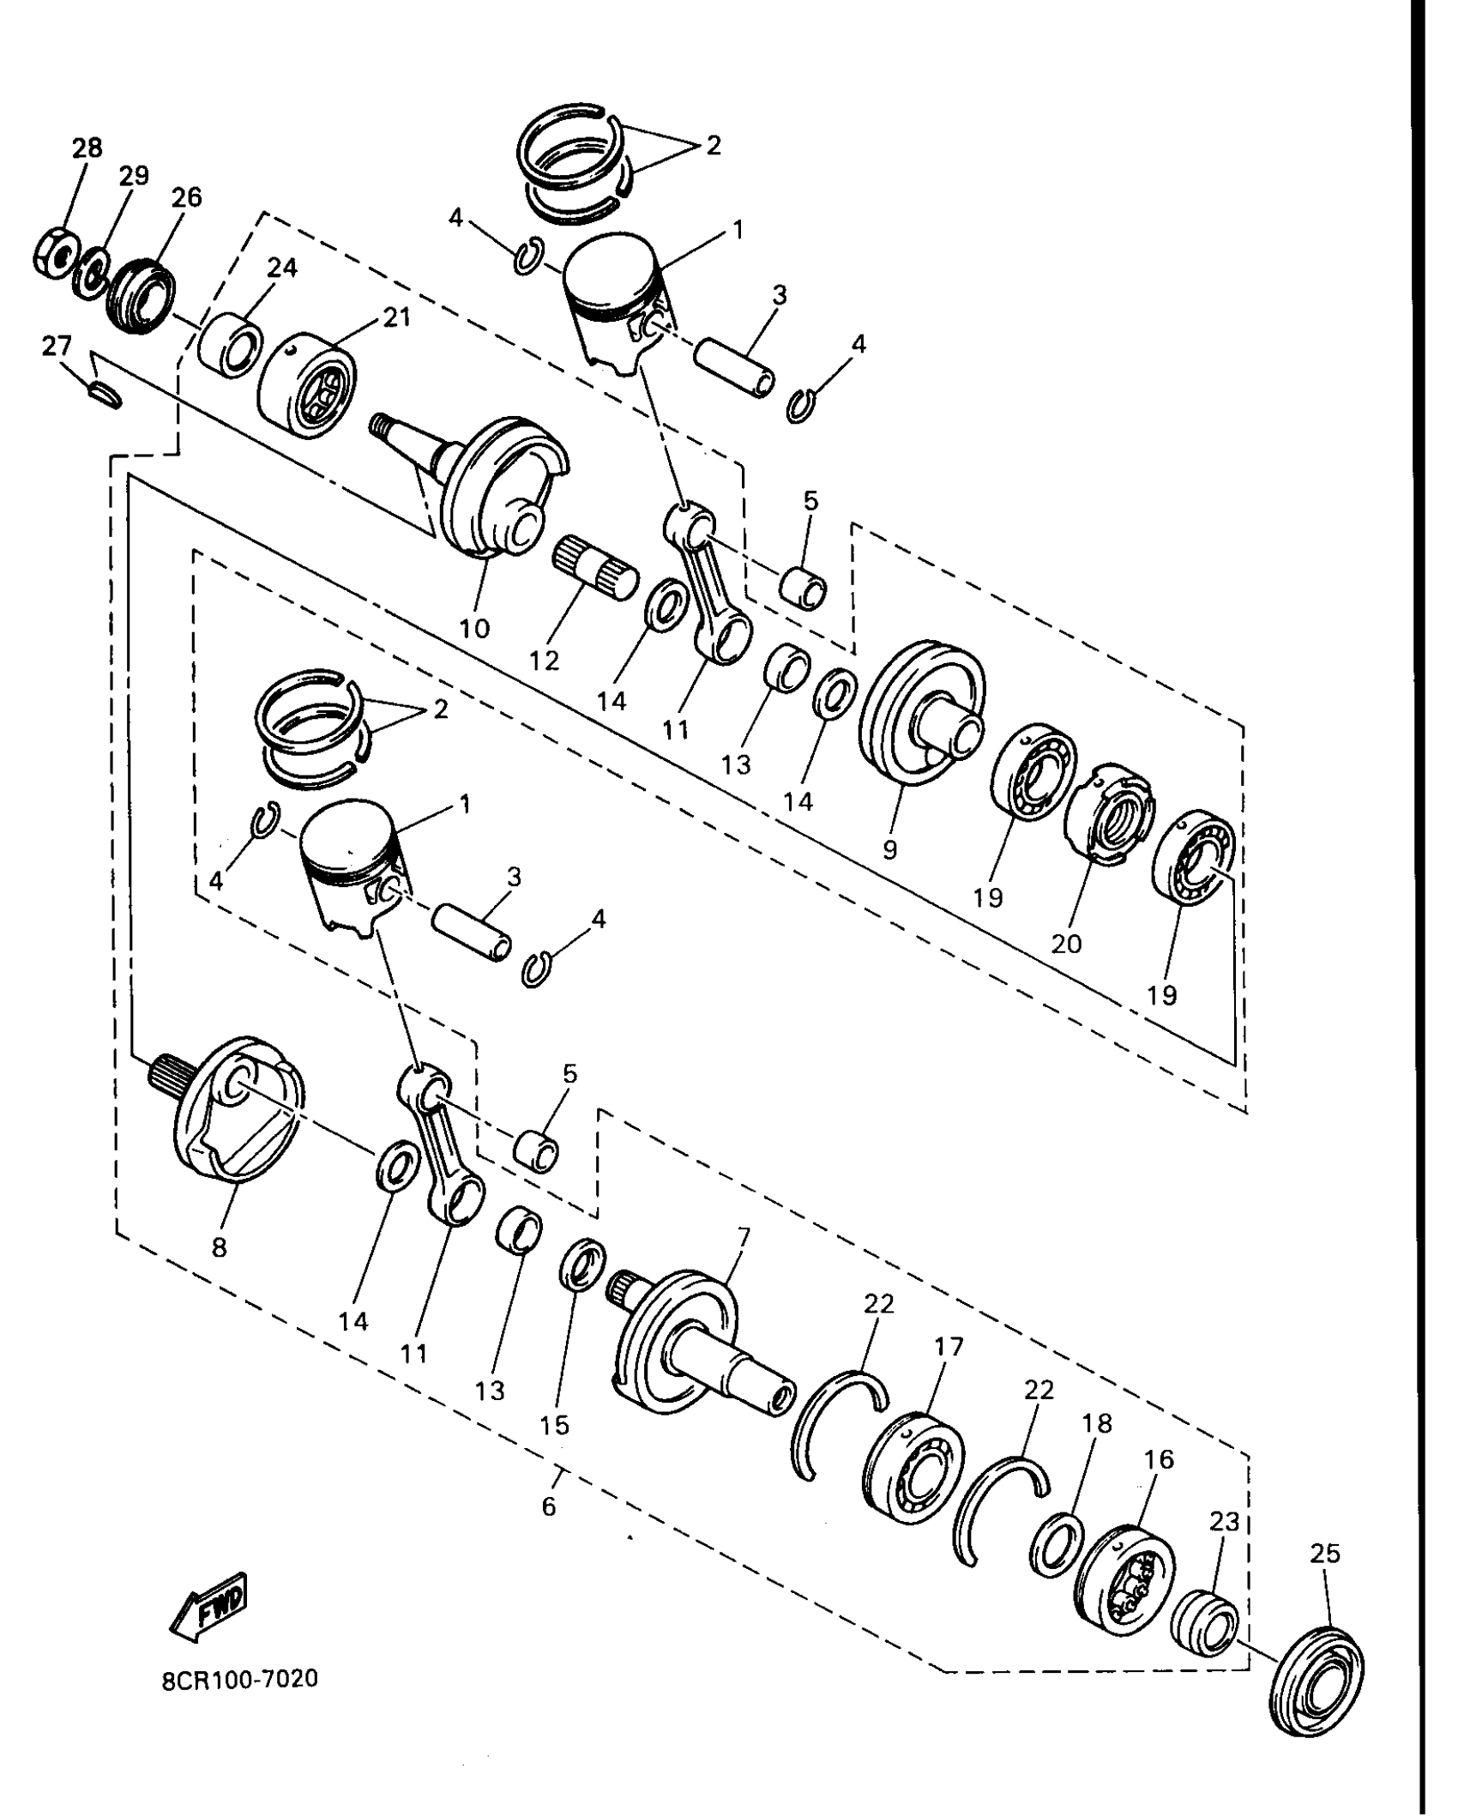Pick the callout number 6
(x=549, y=1506)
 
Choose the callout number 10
(x=474, y=628)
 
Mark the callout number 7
(x=743, y=1237)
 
